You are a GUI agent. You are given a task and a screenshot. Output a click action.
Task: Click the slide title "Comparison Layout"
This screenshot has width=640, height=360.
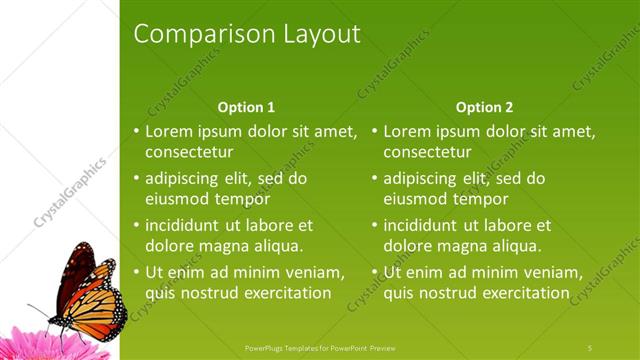tap(246, 34)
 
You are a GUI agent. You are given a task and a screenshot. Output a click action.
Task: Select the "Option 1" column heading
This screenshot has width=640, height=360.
tap(246, 107)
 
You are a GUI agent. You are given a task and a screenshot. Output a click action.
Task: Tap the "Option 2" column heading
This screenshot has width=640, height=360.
tap(484, 107)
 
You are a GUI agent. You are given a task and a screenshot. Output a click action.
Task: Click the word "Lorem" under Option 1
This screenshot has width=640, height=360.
tap(170, 131)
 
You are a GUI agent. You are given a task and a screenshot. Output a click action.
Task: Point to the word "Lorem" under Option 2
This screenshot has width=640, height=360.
tap(408, 131)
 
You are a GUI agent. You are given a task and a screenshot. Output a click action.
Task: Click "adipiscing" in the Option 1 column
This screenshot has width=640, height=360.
tap(186, 179)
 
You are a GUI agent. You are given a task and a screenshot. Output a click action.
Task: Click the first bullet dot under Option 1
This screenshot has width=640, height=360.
tap(137, 132)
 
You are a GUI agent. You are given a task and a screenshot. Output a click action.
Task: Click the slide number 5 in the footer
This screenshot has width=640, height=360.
tap(590, 347)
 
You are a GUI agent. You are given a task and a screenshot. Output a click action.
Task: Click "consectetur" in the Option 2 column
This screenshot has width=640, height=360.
tap(427, 151)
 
